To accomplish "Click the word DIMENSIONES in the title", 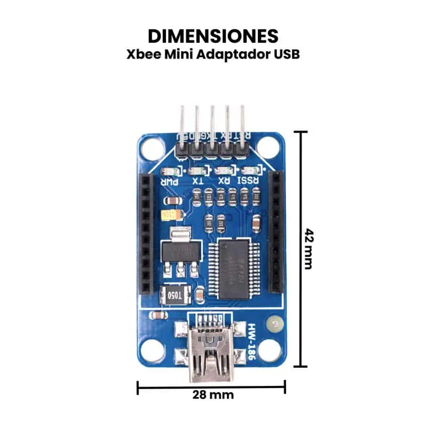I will point(213,36).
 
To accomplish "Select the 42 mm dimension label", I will point(309,249).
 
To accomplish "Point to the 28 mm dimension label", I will point(213,395).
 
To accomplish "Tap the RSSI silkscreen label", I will point(249,181).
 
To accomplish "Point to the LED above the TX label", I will point(197,171).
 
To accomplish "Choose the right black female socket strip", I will point(275,232).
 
